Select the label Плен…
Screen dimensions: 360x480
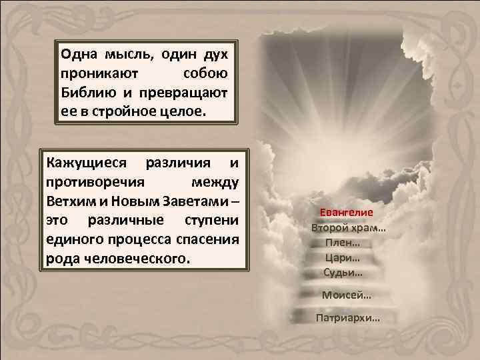[343, 243]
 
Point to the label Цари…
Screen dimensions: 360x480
[343, 257]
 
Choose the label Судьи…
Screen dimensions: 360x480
[343, 272]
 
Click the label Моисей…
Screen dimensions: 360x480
[347, 295]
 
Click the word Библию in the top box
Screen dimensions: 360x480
[86, 89]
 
